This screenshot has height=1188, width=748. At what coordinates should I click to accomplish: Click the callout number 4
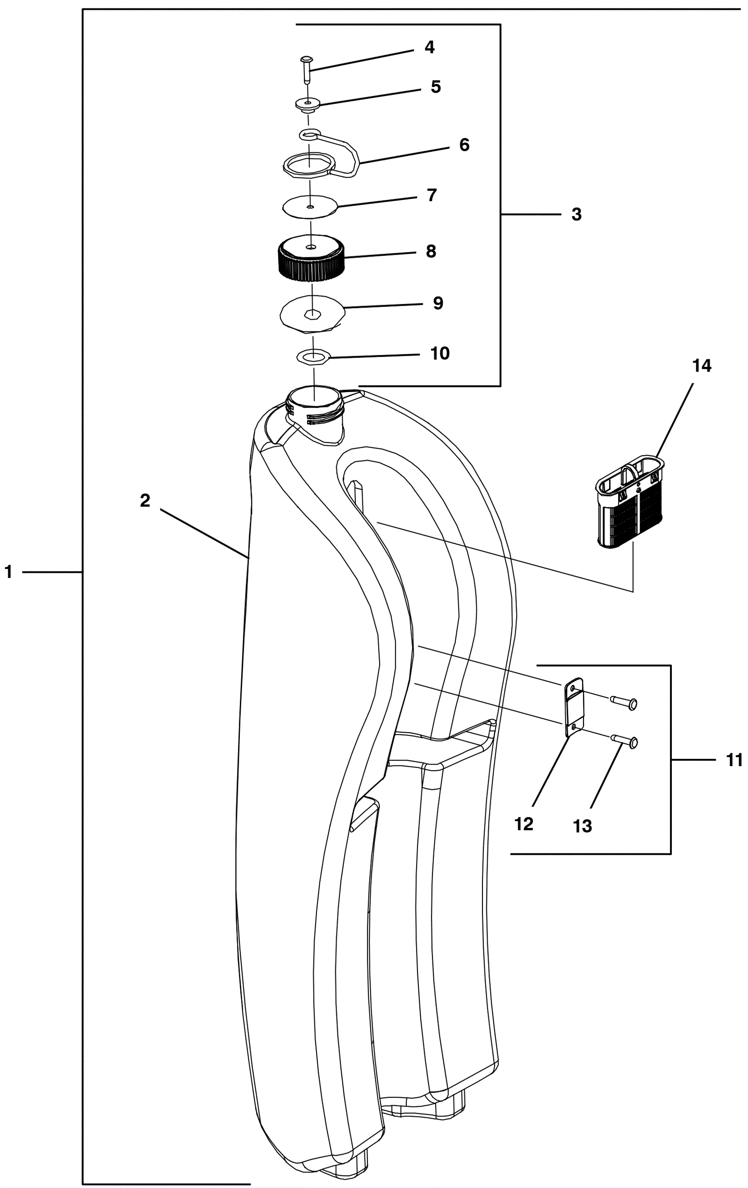click(x=430, y=47)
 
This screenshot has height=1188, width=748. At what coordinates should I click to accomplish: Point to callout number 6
click(x=464, y=145)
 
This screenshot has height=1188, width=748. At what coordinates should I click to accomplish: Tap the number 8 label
click(x=431, y=252)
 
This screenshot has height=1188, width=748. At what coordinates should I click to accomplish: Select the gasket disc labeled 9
click(x=312, y=313)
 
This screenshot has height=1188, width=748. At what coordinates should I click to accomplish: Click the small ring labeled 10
click(x=313, y=356)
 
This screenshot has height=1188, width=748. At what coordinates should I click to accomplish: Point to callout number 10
click(x=440, y=353)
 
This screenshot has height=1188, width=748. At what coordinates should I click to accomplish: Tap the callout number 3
click(x=576, y=215)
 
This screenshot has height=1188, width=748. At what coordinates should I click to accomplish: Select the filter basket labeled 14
click(x=630, y=502)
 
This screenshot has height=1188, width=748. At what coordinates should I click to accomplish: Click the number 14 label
click(x=701, y=366)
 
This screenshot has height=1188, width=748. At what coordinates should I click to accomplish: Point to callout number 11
click(x=734, y=760)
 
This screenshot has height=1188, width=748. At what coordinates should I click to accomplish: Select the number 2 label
click(x=144, y=501)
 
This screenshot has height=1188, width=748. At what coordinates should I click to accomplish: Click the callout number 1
click(x=8, y=572)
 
